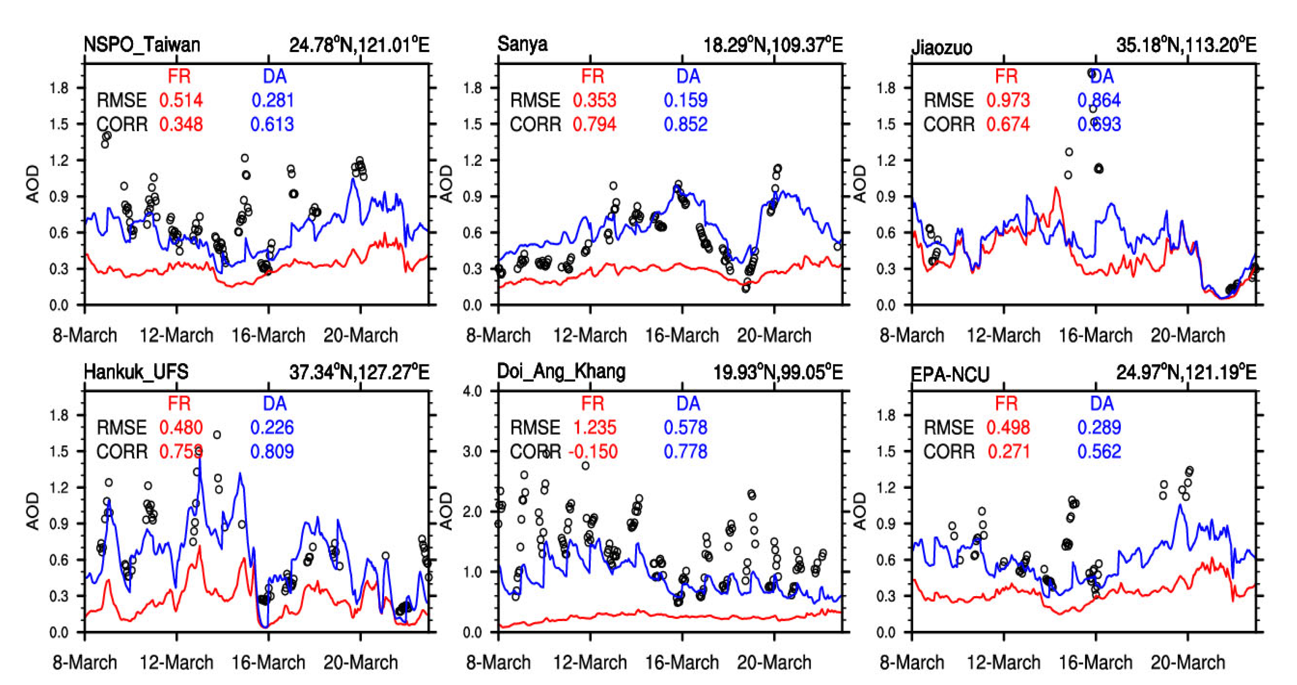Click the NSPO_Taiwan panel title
[142, 45]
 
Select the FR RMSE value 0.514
[181, 100]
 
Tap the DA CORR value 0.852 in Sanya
[685, 124]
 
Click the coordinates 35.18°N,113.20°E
[1186, 46]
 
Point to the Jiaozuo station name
[942, 48]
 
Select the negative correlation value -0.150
[592, 452]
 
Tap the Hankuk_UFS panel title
[136, 372]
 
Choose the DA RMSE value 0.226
[272, 427]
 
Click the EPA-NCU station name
[951, 374]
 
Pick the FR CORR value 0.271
[1008, 452]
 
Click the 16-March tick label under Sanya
[682, 335]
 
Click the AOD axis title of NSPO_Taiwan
[33, 184]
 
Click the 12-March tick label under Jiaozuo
[1003, 335]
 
